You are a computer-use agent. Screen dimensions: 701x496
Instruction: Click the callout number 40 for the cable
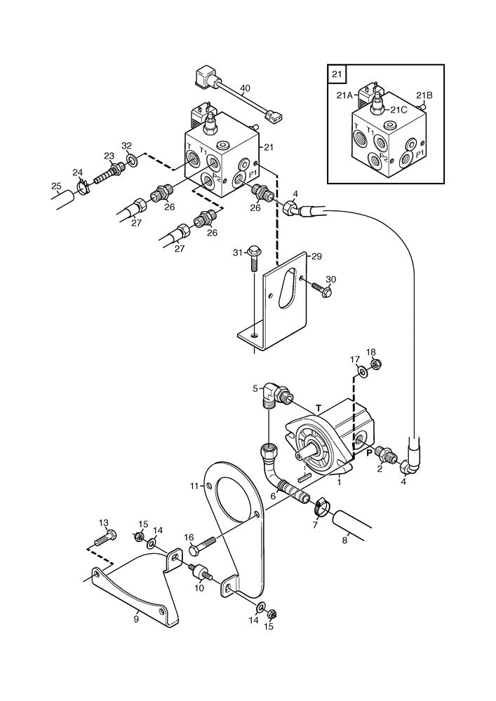(244, 88)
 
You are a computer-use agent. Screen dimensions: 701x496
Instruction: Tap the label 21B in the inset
(424, 95)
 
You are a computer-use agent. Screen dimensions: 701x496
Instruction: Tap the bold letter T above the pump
(319, 407)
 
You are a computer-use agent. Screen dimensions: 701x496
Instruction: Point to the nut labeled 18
(375, 365)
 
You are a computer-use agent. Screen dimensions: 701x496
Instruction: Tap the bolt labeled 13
(104, 540)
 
